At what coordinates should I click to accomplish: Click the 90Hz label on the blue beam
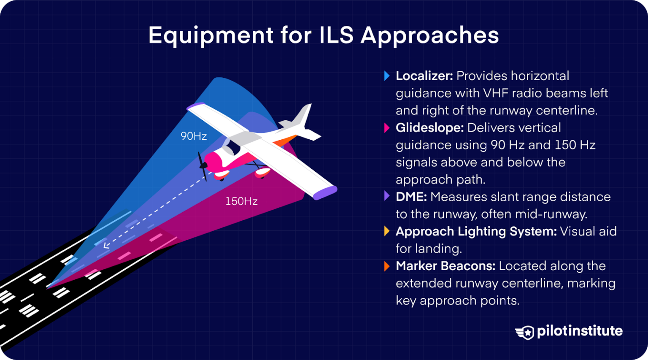click(x=194, y=136)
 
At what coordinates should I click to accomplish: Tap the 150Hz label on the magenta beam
click(x=241, y=201)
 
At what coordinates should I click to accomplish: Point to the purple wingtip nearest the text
click(x=325, y=192)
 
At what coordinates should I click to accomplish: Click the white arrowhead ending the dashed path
click(x=106, y=245)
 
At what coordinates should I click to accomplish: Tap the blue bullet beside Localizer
click(x=387, y=76)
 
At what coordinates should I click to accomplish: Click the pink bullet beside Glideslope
click(x=387, y=128)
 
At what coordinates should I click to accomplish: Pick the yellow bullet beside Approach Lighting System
click(x=387, y=232)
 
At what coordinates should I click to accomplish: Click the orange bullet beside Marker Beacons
click(x=387, y=266)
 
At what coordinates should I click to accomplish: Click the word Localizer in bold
click(x=424, y=76)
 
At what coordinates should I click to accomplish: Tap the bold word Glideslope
click(x=429, y=128)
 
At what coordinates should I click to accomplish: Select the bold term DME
click(x=411, y=197)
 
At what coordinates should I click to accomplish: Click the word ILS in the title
click(x=336, y=35)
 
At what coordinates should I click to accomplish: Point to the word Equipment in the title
click(x=211, y=36)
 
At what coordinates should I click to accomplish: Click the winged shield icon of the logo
click(x=525, y=332)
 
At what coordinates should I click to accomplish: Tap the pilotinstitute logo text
click(x=580, y=331)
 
